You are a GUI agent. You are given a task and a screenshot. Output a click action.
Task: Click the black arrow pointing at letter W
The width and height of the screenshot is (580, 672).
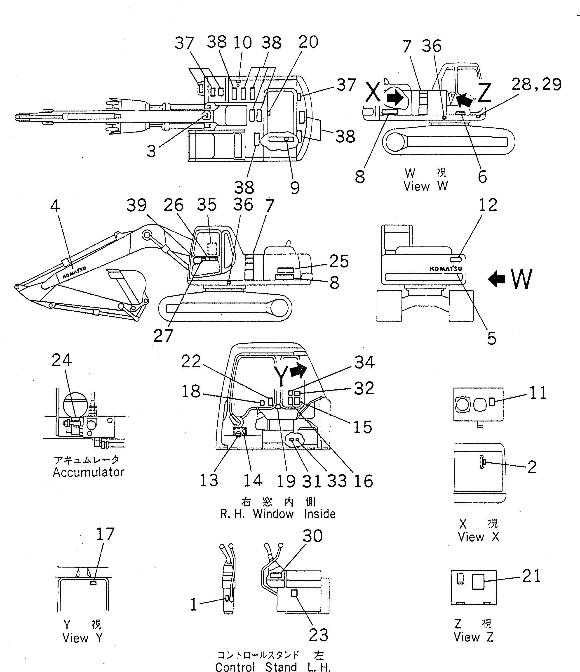497,279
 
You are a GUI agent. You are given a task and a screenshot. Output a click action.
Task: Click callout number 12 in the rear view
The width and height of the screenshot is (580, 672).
488,205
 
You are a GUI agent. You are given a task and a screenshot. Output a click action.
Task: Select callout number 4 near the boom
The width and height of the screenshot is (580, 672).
55,206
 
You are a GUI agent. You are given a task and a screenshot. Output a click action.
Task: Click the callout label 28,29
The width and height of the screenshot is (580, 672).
537,85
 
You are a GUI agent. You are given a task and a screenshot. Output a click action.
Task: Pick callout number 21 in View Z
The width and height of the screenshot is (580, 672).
531,576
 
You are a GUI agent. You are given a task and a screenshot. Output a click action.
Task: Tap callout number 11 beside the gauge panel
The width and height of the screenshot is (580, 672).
538,393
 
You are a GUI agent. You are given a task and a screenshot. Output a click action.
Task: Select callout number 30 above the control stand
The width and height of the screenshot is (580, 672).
312,536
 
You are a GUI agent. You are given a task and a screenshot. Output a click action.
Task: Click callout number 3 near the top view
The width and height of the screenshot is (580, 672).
151,151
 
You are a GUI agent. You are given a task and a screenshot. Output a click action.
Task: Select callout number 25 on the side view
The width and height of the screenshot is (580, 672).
339,261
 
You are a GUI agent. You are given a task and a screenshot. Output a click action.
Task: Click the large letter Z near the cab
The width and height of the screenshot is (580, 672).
484,93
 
